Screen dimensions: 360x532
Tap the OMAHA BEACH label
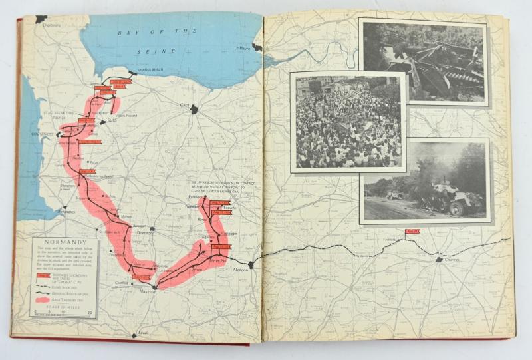140,75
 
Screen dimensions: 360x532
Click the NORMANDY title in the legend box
65,242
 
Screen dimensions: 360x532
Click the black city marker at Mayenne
155,287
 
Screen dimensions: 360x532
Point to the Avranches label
67,212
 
